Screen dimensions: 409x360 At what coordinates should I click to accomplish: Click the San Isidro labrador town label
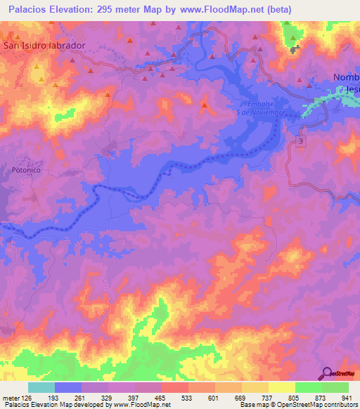(45, 45)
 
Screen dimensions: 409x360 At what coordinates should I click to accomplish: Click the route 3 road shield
(302, 143)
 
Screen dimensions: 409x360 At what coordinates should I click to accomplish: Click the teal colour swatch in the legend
(41, 387)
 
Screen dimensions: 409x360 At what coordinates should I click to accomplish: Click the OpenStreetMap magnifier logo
(327, 374)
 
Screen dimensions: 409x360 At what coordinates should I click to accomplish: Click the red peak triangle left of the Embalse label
(205, 106)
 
